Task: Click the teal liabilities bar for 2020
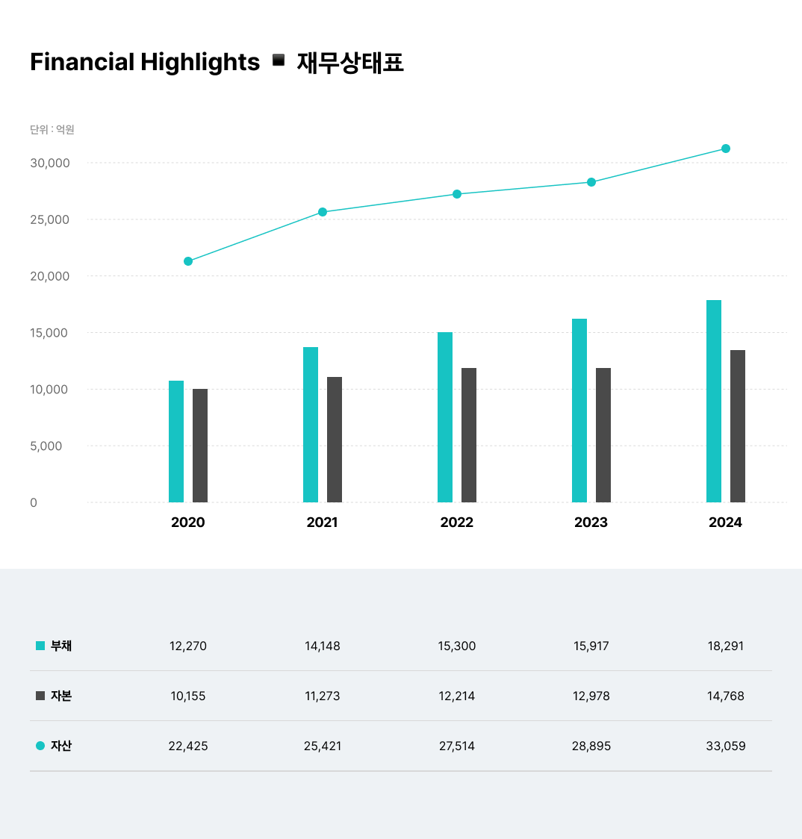(x=176, y=441)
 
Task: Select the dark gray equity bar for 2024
(x=738, y=426)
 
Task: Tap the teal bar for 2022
(x=445, y=417)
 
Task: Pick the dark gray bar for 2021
(x=335, y=440)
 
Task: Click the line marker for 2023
(x=591, y=182)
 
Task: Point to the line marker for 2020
(x=188, y=261)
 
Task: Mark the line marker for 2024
(x=726, y=149)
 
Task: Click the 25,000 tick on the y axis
(x=49, y=219)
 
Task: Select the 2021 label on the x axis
(x=322, y=523)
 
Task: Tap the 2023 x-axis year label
(x=591, y=523)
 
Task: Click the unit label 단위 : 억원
(x=52, y=130)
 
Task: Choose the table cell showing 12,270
(x=188, y=646)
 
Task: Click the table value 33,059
(x=726, y=746)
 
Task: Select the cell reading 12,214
(x=457, y=696)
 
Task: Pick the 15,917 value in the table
(x=591, y=646)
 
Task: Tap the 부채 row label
(x=61, y=646)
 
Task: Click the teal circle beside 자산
(x=40, y=745)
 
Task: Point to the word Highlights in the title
(x=200, y=62)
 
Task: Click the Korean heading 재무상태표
(x=350, y=62)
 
